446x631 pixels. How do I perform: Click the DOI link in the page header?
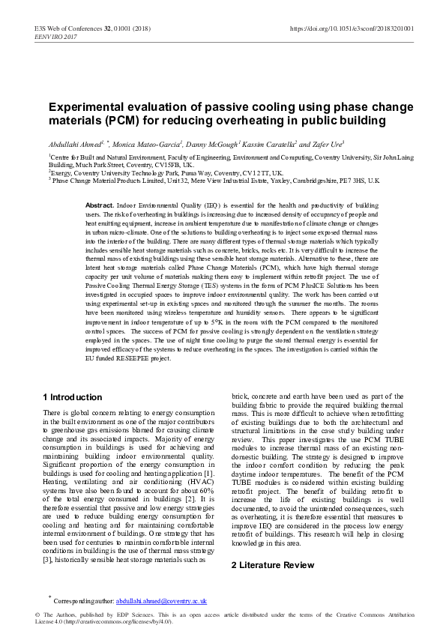pyautogui.click(x=352, y=28)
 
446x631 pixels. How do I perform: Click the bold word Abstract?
pyautogui.click(x=100, y=205)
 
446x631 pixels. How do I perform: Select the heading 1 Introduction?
pyautogui.click(x=73, y=397)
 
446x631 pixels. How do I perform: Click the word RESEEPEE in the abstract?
pyautogui.click(x=132, y=358)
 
